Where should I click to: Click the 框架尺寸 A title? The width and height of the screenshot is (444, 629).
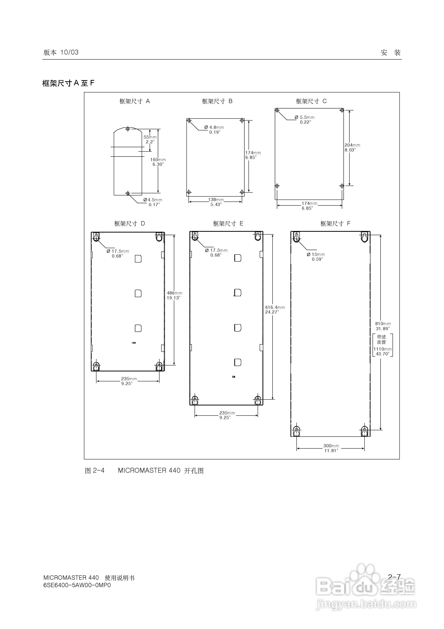[134, 101]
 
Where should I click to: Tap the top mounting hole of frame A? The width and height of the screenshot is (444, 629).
[128, 129]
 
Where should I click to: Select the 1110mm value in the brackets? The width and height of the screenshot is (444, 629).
[382, 349]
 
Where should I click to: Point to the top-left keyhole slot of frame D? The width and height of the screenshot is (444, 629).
[96, 237]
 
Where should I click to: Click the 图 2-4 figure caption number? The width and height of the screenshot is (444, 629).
[95, 471]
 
